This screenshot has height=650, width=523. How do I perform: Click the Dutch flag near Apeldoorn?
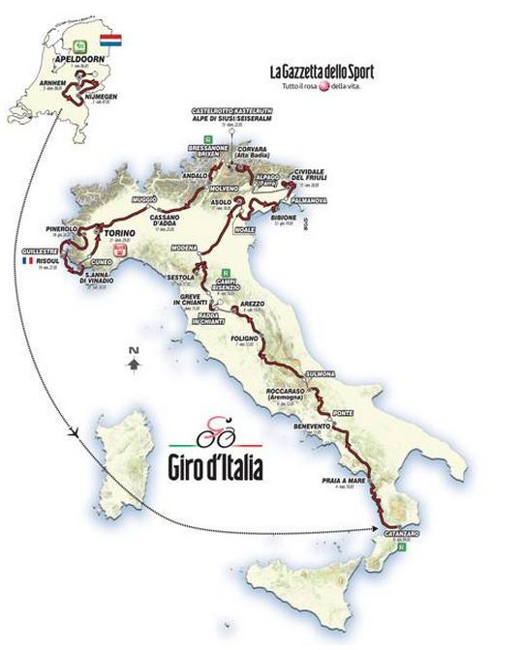(x=110, y=44)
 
